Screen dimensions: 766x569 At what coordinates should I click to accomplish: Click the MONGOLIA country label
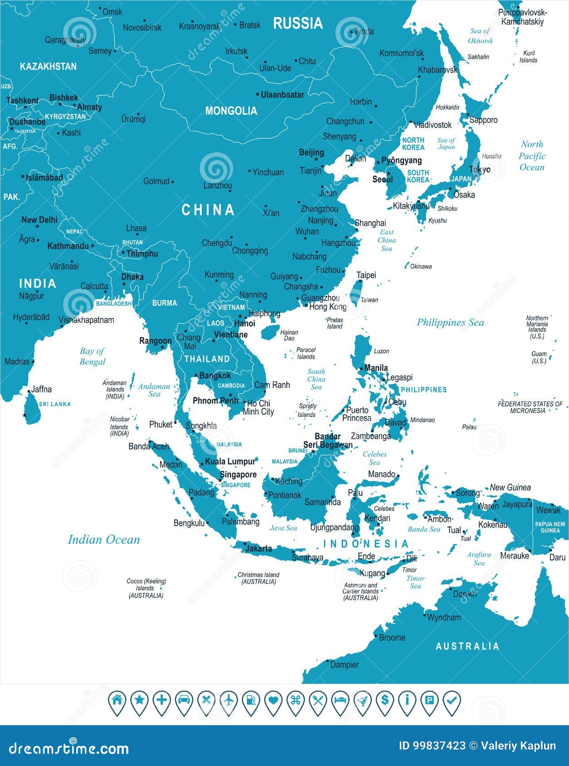(x=231, y=111)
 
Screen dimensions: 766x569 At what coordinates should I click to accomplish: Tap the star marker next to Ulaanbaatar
(x=257, y=95)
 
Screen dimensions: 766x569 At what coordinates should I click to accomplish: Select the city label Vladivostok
(x=432, y=125)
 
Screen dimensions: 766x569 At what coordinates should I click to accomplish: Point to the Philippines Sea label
(x=450, y=322)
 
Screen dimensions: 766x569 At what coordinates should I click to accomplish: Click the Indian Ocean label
(x=104, y=539)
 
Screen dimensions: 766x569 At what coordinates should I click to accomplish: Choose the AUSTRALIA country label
(x=467, y=646)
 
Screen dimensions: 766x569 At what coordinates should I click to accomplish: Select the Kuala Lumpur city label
(x=230, y=461)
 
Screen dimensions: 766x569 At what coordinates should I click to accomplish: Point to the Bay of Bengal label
(x=92, y=356)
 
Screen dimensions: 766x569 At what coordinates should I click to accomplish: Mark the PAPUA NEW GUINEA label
(x=550, y=527)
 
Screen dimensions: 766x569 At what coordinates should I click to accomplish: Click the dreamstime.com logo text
(x=69, y=748)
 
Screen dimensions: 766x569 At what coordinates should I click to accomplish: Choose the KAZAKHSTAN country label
(x=48, y=67)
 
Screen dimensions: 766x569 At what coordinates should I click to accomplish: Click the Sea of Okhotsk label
(x=480, y=36)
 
